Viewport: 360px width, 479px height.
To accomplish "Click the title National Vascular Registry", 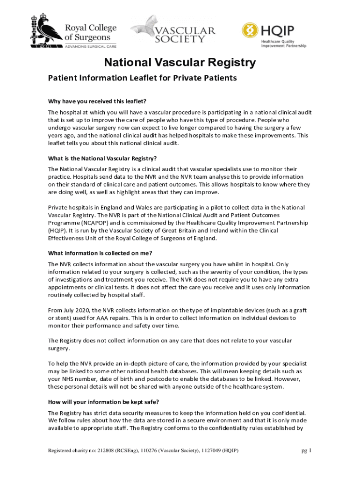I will [180, 63].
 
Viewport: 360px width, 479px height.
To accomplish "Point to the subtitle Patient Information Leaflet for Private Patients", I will [143, 78].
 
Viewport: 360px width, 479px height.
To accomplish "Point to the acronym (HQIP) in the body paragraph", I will [58, 231].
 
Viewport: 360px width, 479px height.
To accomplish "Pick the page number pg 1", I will [306, 451].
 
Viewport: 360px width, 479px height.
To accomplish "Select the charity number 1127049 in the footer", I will [210, 451].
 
